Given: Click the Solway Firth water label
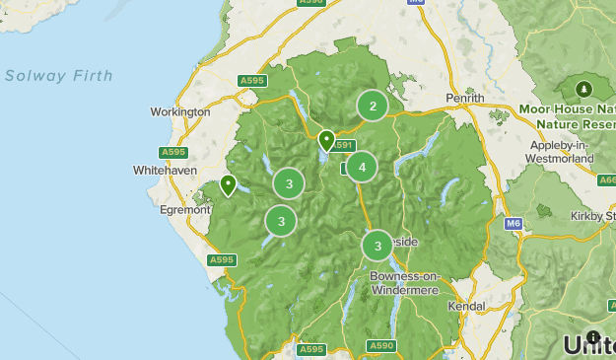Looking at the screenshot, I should coord(58,76).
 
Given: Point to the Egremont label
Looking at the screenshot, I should coord(184,209).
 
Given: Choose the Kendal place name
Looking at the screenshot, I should coord(466,307).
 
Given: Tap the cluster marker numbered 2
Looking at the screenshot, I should coord(372,106).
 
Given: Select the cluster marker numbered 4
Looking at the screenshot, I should coord(362,168).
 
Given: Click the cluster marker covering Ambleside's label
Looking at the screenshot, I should coord(377,245).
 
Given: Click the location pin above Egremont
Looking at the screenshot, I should coord(228,184).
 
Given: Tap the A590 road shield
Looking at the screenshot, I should coord(380,345).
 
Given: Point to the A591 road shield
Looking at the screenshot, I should coord(342,146).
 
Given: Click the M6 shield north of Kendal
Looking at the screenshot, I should coord(513,224).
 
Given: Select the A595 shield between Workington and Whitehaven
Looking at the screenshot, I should coord(173,152).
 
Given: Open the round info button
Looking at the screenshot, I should coord(592,337).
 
